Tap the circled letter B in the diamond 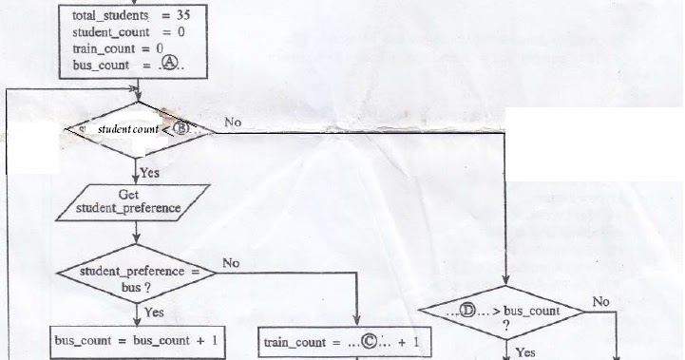tap(181, 128)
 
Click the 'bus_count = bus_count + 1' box tap(138, 340)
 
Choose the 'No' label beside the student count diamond tap(233, 123)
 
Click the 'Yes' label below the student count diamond tap(149, 173)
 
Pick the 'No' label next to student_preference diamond tap(231, 262)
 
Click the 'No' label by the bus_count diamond tap(600, 301)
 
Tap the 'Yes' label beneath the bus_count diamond tap(523, 351)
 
